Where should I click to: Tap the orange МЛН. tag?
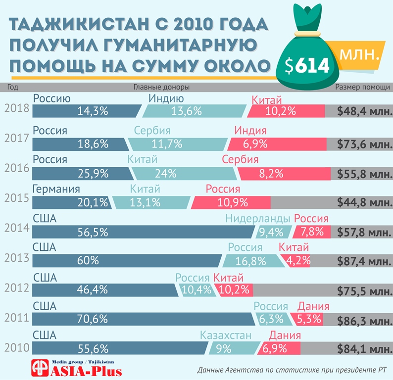click(359, 55)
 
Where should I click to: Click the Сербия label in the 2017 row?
click(152, 131)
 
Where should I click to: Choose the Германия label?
click(56, 189)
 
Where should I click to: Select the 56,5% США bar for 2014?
click(144, 232)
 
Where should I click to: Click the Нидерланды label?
click(257, 219)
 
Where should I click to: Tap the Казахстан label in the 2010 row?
click(226, 335)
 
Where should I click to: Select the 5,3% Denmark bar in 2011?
click(307, 319)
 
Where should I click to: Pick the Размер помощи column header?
click(362, 87)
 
